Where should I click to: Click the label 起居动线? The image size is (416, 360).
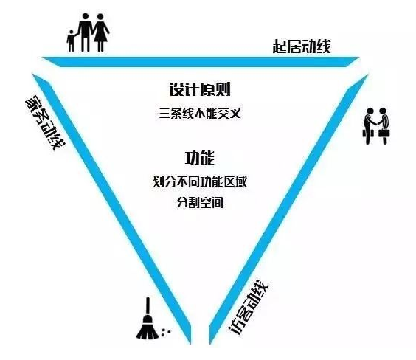click(x=302, y=46)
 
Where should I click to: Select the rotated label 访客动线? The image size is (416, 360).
click(x=249, y=307)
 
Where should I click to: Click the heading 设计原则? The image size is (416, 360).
click(x=200, y=89)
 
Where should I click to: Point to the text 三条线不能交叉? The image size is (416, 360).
click(x=200, y=114)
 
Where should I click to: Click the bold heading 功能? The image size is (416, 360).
click(x=200, y=158)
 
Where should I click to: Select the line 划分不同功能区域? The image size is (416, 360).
click(x=200, y=182)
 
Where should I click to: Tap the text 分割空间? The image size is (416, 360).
click(x=200, y=203)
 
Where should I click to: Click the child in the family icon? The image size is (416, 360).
click(x=71, y=41)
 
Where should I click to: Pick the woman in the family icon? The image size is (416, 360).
click(x=100, y=32)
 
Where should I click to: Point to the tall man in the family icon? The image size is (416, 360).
click(x=85, y=32)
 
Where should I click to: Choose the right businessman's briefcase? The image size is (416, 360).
click(x=385, y=132)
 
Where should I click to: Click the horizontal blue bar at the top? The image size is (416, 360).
click(x=201, y=61)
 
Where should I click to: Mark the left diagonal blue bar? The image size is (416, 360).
click(x=111, y=209)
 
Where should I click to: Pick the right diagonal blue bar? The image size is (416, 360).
click(x=288, y=209)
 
